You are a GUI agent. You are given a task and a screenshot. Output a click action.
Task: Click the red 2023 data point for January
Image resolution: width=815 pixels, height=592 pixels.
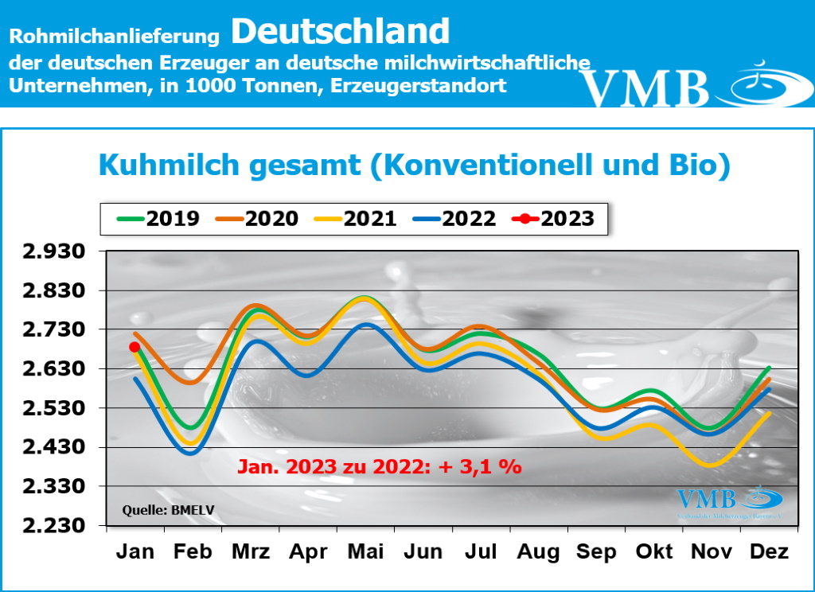[135, 347]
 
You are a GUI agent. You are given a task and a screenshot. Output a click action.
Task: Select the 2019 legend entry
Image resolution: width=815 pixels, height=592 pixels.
[158, 218]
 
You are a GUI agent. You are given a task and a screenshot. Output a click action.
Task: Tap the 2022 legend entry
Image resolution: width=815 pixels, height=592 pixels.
[454, 218]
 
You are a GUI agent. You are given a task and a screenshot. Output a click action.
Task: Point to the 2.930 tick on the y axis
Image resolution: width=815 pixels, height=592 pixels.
[57, 252]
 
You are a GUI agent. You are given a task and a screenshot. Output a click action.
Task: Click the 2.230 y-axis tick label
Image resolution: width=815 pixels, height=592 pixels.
[57, 526]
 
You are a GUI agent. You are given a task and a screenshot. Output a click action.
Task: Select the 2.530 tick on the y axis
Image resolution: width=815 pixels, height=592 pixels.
[57, 409]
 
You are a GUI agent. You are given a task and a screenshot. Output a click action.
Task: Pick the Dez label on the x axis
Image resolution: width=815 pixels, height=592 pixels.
[769, 551]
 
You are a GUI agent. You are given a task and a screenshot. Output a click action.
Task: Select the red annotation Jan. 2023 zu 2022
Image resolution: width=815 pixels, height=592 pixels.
[379, 466]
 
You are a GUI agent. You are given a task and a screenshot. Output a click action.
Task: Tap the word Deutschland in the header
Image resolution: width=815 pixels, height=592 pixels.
[341, 31]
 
